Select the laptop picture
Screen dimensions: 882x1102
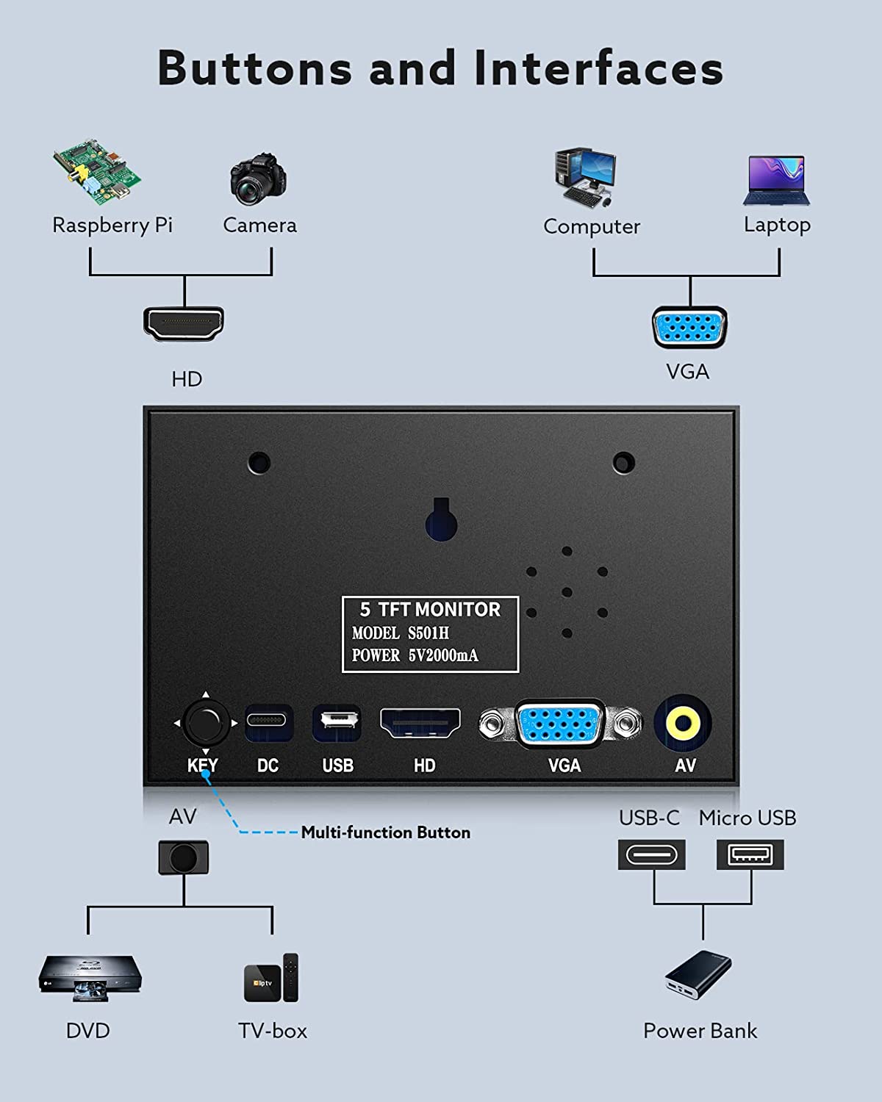coord(776,181)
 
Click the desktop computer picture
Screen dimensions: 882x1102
coord(585,177)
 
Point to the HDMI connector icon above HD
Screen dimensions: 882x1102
coord(184,324)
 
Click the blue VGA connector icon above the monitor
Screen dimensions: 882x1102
coord(689,327)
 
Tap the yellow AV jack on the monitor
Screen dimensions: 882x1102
coord(683,724)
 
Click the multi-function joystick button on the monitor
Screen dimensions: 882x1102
coord(206,723)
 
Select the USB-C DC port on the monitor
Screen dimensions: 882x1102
coord(268,722)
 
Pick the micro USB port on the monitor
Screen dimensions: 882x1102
coord(337,722)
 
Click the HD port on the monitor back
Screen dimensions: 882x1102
coord(420,723)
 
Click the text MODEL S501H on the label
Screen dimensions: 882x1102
coord(401,633)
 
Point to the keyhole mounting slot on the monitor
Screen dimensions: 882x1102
coord(441,519)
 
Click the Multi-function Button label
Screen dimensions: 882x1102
coord(385,832)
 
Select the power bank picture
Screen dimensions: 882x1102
coord(698,974)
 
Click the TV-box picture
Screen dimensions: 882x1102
coord(271,978)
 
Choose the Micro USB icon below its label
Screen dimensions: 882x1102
coord(750,854)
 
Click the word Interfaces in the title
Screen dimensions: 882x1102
coord(598,68)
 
